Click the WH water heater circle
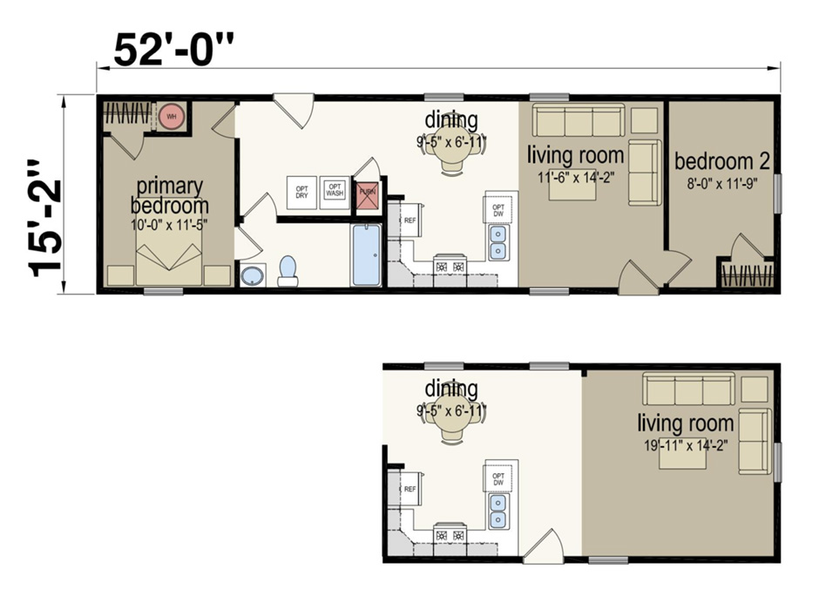[x=172, y=116]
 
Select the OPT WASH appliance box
[x=334, y=190]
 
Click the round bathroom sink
[x=253, y=276]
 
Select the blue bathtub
[x=366, y=255]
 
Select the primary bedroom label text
[x=169, y=196]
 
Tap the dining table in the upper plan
[x=451, y=150]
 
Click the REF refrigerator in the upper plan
[x=410, y=220]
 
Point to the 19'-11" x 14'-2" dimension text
[x=685, y=444]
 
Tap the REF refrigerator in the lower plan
[x=410, y=489]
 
